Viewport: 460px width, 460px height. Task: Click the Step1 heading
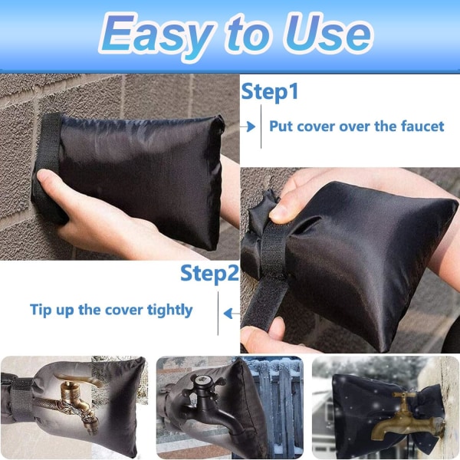point(270,92)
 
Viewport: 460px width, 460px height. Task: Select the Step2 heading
point(209,274)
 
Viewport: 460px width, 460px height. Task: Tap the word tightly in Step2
point(169,310)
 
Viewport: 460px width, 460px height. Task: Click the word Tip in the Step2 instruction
point(40,310)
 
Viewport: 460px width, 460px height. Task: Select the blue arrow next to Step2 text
point(232,314)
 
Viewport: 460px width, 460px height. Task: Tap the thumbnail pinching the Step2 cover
point(278,213)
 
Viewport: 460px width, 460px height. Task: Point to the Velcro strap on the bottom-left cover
point(21,399)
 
